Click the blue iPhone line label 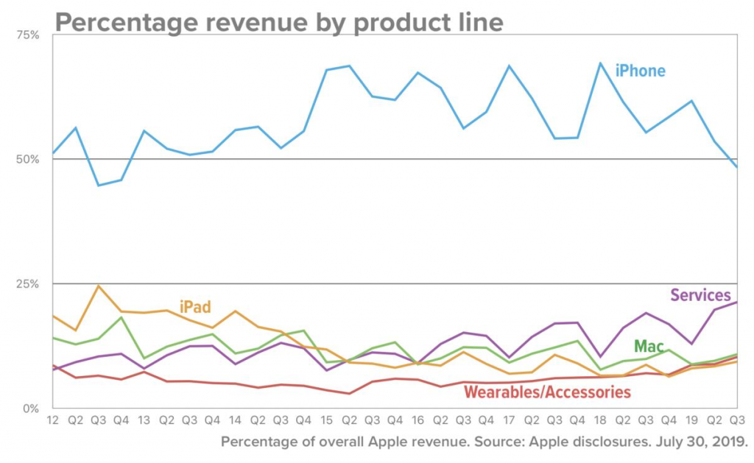coord(640,71)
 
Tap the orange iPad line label coord(195,306)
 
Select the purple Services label coord(700,295)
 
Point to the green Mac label coord(649,345)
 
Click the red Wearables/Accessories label coord(547,392)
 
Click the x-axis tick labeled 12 coord(52,420)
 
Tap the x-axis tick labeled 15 coord(326,420)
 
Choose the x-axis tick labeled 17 coord(509,420)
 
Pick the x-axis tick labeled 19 coord(691,420)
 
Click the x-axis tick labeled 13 coord(144,420)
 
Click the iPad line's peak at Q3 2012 coord(99,286)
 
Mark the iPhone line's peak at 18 coord(600,63)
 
